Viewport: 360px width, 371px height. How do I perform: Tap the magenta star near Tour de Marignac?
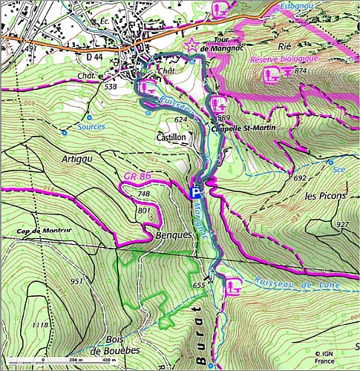coord(193,46)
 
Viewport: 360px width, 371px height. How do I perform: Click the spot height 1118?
coord(40,325)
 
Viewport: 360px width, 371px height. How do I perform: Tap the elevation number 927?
coord(341,224)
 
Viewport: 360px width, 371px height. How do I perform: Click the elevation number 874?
coord(300,71)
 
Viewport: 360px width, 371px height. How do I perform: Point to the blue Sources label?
coord(92,127)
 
